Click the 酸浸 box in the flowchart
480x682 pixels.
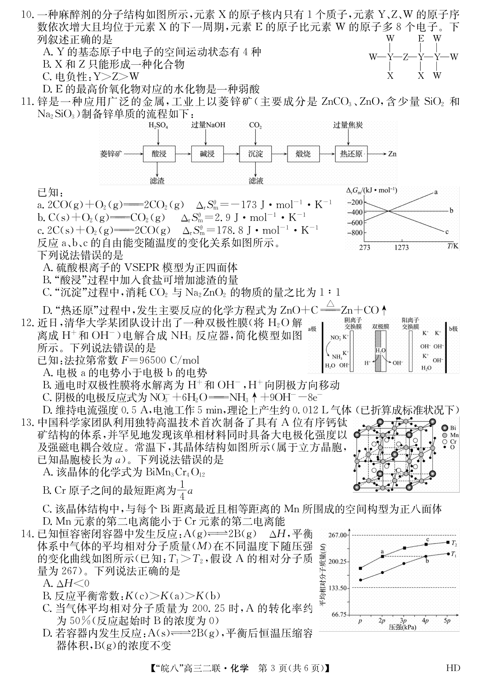pos(159,154)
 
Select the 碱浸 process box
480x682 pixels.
pos(207,154)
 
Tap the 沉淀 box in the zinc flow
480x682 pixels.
pos(256,154)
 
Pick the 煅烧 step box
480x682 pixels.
pos(303,154)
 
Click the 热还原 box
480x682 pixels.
pos(351,154)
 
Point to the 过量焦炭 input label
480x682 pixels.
pos(348,125)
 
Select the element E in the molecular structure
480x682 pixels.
pos(421,39)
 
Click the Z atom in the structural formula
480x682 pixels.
pos(406,57)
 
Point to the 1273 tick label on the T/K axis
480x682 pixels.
pos(402,248)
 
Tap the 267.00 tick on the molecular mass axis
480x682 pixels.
pos(338,535)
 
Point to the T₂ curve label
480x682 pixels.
pos(454,543)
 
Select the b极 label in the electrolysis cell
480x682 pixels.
pos(453,329)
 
